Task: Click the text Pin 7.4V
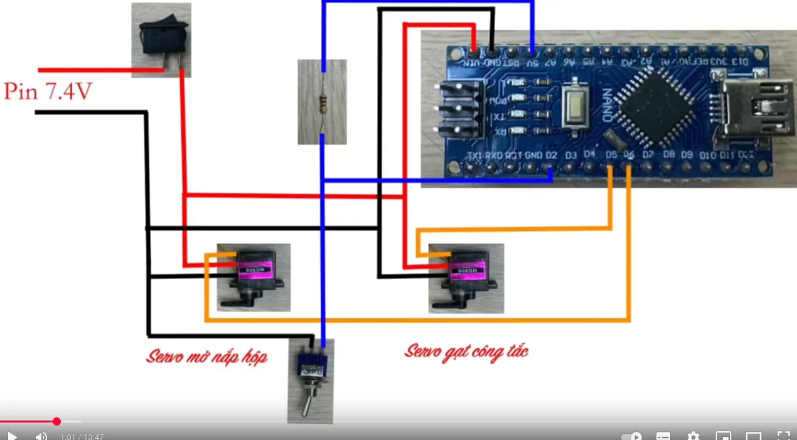(48, 92)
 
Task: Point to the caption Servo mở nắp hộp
(206, 357)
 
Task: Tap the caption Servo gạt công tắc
(466, 351)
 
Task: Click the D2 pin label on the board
(551, 155)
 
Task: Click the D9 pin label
(687, 155)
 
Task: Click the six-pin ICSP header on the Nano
(459, 110)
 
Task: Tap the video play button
(12, 436)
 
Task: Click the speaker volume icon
(41, 436)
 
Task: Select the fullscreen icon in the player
(783, 436)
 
